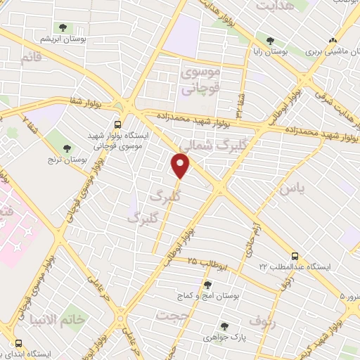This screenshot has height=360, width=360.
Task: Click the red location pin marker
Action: click(181, 166)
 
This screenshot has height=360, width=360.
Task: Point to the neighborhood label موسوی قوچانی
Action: click(200, 80)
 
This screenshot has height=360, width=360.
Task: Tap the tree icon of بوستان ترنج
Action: click(67, 148)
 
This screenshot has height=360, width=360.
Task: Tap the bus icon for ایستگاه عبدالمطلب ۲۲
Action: click(295, 256)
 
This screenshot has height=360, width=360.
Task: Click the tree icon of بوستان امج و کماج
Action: click(207, 285)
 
